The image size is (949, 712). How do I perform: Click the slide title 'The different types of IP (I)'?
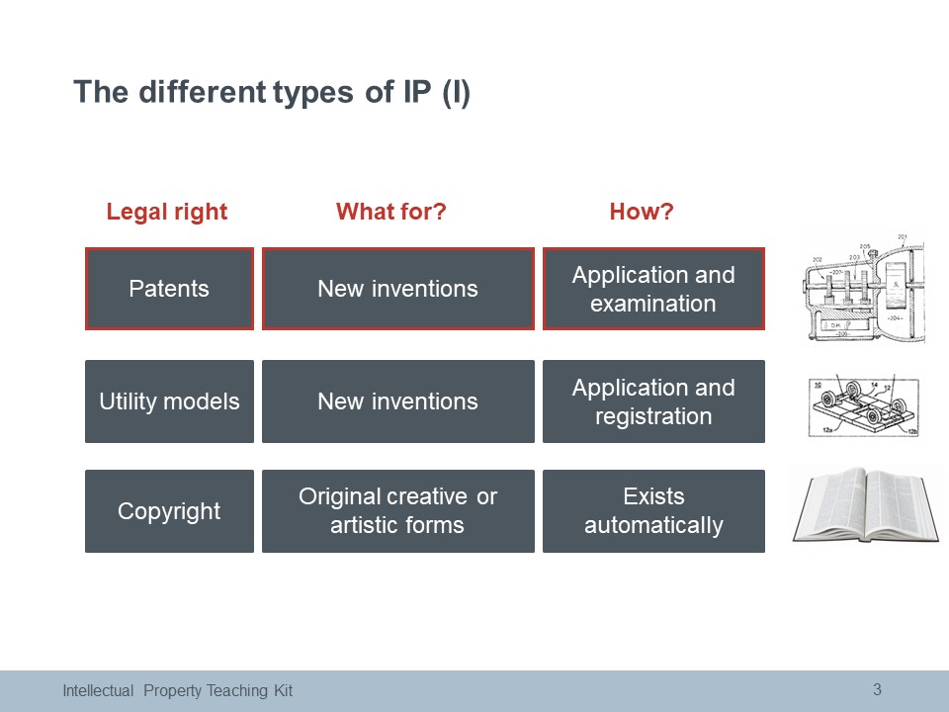tap(272, 93)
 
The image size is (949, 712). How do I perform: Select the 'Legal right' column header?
tap(167, 212)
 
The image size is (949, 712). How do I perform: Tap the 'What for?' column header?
tap(391, 212)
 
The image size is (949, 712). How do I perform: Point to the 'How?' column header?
tap(642, 212)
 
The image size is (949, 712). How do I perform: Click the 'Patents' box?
tap(169, 289)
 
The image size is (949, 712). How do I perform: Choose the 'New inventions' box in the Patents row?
tap(398, 289)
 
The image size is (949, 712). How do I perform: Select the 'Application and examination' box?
tap(653, 289)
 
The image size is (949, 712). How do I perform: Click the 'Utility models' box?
tap(169, 401)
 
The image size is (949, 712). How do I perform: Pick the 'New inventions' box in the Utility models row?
tap(398, 401)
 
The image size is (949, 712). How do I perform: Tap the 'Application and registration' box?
tap(653, 401)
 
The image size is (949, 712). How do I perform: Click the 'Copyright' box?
tap(169, 511)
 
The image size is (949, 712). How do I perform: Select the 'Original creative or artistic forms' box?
tap(398, 511)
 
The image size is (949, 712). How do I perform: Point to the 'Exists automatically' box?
tap(653, 511)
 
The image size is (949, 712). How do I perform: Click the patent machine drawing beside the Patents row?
tap(862, 288)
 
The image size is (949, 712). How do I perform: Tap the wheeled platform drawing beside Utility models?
tap(864, 406)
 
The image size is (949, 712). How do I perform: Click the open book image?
tap(866, 504)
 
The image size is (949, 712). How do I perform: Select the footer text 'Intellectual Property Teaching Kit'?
tap(177, 691)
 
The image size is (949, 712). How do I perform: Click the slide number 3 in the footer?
tap(877, 689)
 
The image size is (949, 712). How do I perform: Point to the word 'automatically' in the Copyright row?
tap(653, 525)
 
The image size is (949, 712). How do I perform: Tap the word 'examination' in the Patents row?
tap(653, 304)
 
